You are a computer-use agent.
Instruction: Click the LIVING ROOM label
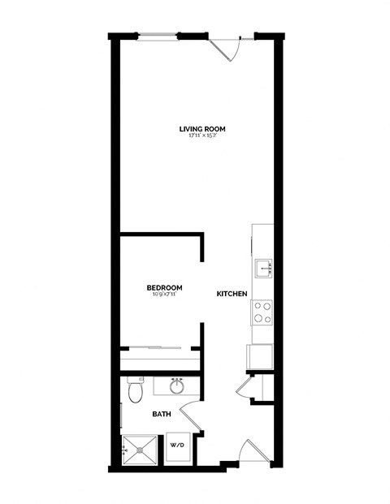point(202,128)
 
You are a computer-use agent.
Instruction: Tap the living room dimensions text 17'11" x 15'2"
point(202,136)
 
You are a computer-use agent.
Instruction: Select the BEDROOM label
point(164,287)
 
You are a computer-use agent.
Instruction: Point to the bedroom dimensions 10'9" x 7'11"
point(164,295)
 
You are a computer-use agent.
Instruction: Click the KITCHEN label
point(232,294)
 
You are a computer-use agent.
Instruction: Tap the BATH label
point(161,415)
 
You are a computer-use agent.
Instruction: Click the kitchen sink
point(262,269)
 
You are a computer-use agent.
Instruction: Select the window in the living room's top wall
point(158,35)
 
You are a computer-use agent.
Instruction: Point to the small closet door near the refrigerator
point(246,388)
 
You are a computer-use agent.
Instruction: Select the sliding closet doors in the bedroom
point(159,348)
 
